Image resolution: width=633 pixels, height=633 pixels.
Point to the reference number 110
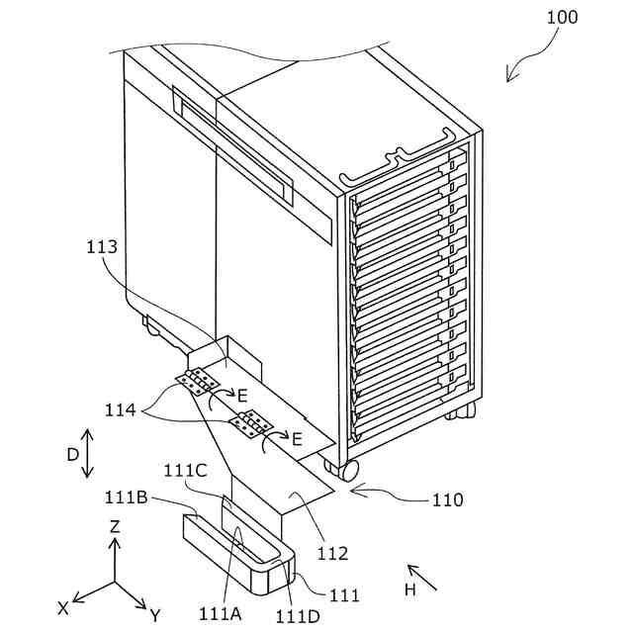click(x=446, y=500)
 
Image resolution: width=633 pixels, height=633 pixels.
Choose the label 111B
click(x=127, y=495)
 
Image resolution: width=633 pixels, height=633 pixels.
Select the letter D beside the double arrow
click(x=71, y=455)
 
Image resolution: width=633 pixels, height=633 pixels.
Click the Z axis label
click(x=115, y=527)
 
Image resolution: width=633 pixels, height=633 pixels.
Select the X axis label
click(x=63, y=608)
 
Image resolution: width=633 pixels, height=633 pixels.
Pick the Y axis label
click(x=154, y=615)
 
